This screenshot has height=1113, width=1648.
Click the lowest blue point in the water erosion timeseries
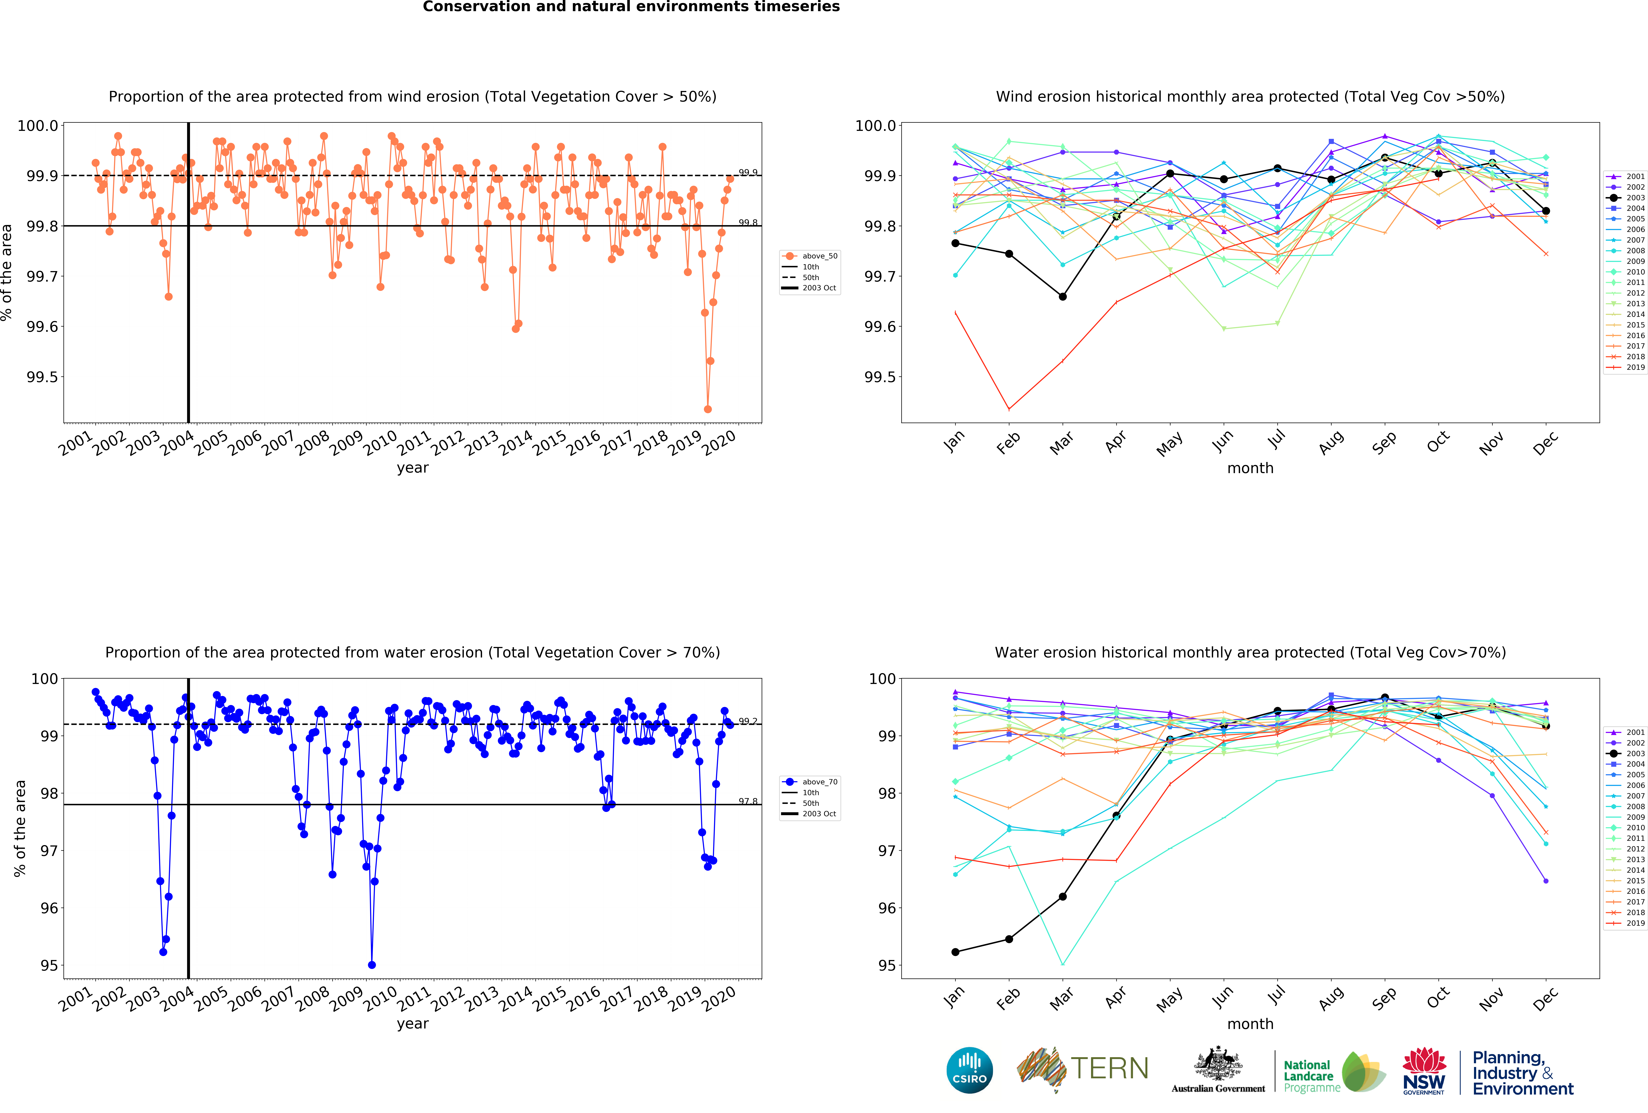[372, 965]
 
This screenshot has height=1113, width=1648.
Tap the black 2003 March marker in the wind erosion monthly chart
[1062, 296]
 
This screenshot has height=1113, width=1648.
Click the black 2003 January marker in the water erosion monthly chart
[955, 952]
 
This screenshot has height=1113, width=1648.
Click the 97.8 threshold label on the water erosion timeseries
[747, 801]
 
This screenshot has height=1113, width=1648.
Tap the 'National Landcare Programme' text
[1311, 1076]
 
